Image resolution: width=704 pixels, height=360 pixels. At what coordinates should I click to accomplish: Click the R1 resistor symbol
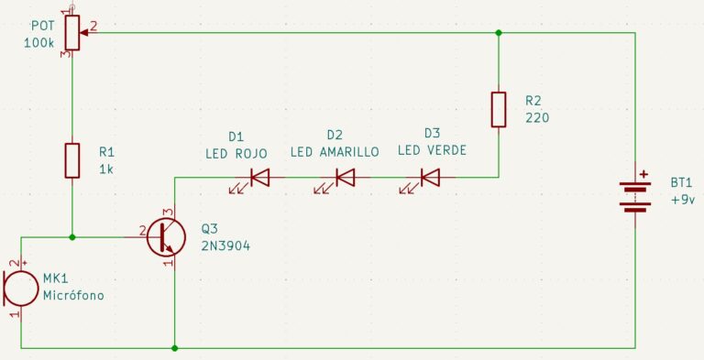pyautogui.click(x=72, y=160)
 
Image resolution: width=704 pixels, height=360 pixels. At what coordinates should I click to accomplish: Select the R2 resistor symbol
pyautogui.click(x=499, y=110)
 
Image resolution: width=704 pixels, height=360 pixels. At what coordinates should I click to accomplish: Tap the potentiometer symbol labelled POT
pyautogui.click(x=73, y=32)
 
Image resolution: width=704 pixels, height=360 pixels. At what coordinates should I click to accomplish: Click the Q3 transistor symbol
pyautogui.click(x=165, y=237)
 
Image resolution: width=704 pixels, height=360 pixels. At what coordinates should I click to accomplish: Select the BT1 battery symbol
pyautogui.click(x=635, y=197)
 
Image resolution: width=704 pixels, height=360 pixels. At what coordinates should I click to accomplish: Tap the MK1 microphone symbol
pyautogui.click(x=21, y=289)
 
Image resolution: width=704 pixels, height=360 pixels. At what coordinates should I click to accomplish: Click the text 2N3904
pyautogui.click(x=225, y=246)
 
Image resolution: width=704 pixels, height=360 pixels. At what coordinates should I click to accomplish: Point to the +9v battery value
pyautogui.click(x=683, y=200)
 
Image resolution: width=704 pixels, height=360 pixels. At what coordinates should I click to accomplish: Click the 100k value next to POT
pyautogui.click(x=39, y=43)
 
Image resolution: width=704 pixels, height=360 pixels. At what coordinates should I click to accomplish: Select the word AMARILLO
pyautogui.click(x=349, y=152)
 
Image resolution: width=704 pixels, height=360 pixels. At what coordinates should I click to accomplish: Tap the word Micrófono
pyautogui.click(x=73, y=295)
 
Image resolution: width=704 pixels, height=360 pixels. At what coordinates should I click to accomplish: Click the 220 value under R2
pyautogui.click(x=537, y=117)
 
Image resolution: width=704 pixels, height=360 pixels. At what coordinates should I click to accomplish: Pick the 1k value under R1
pyautogui.click(x=106, y=169)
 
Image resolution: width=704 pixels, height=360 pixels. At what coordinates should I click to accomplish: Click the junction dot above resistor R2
pyautogui.click(x=499, y=33)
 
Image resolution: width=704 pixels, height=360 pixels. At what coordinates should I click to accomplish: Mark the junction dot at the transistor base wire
pyautogui.click(x=72, y=237)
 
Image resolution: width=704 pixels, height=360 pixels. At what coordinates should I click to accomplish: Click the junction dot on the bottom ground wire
pyautogui.click(x=175, y=348)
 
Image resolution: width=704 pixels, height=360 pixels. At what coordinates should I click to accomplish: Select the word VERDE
pyautogui.click(x=447, y=150)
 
